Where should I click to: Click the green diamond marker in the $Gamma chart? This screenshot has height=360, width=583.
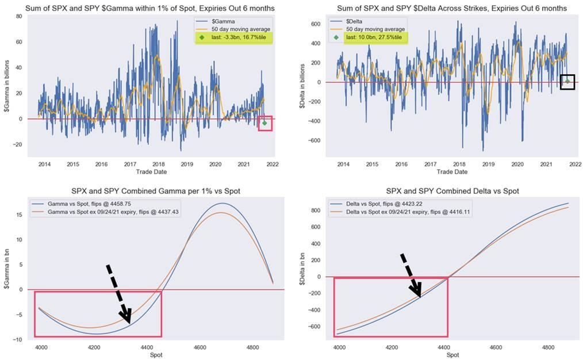pos(264,122)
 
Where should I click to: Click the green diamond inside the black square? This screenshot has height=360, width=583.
pos(567,81)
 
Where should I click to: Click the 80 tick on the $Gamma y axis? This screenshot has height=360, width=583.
pos(18,16)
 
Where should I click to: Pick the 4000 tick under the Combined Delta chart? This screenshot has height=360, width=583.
pos(339,348)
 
